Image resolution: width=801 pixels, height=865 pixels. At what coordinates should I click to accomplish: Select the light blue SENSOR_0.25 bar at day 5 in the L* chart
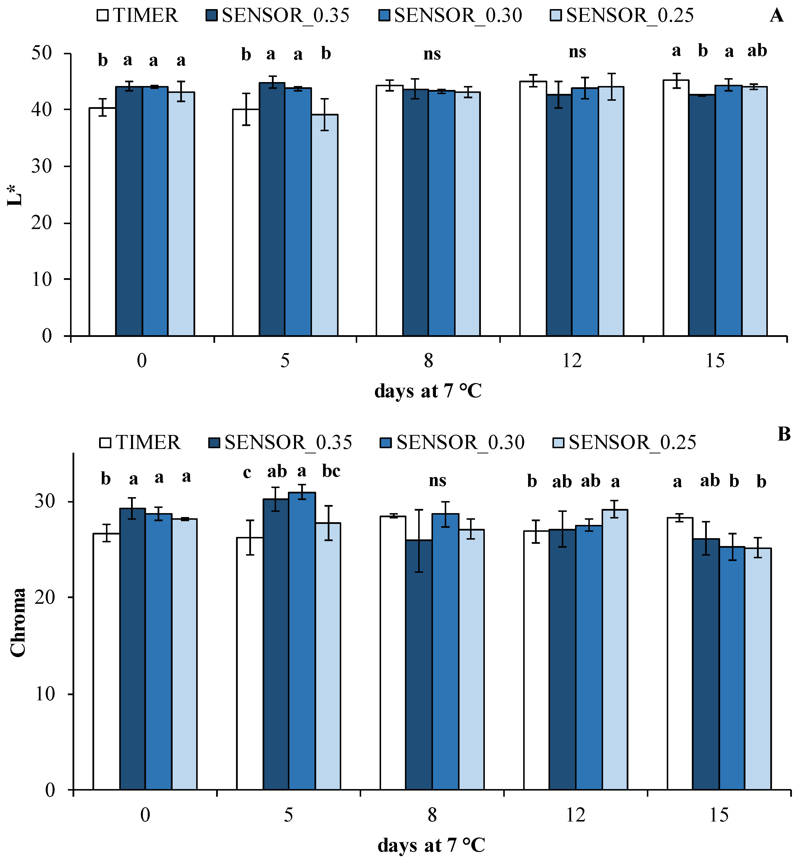(x=325, y=225)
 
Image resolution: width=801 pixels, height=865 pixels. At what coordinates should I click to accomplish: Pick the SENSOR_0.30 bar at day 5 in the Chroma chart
(x=302, y=641)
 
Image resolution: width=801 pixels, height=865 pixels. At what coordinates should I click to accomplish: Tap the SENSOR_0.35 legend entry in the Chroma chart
(x=281, y=442)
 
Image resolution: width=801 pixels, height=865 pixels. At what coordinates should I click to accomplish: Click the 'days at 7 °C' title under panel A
(x=428, y=391)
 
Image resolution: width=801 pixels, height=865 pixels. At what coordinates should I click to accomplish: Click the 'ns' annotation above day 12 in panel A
(x=577, y=52)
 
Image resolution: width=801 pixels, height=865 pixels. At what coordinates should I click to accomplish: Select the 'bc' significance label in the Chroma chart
(x=331, y=471)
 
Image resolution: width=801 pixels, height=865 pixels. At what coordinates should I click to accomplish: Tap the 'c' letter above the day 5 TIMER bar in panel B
(x=247, y=473)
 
